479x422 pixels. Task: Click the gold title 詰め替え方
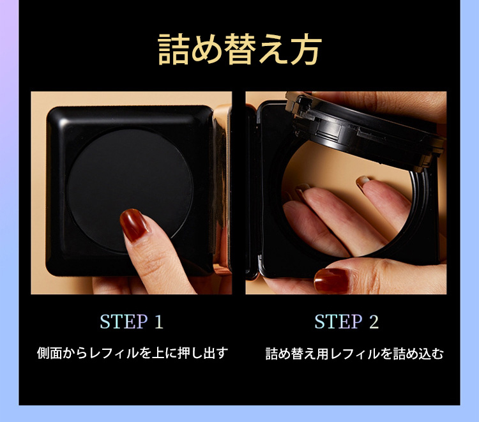click(240, 49)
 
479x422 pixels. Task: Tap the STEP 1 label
click(132, 322)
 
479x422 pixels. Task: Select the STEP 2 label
click(346, 322)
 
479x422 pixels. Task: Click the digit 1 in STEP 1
click(158, 322)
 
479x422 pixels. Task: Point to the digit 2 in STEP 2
click(374, 322)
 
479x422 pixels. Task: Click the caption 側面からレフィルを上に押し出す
click(132, 353)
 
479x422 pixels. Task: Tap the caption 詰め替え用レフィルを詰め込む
click(354, 354)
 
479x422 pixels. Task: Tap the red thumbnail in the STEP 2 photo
click(331, 280)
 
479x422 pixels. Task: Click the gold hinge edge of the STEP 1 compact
click(222, 190)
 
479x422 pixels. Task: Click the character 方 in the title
click(306, 49)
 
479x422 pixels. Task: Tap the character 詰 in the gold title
click(173, 49)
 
